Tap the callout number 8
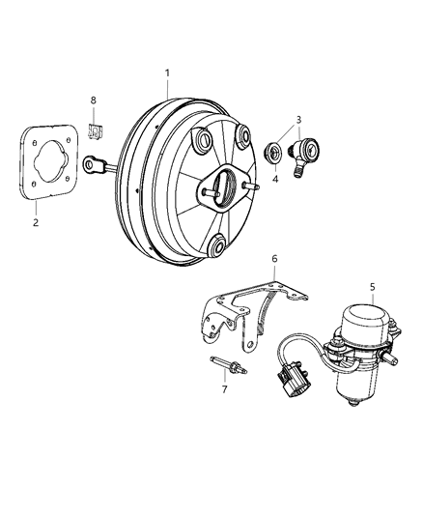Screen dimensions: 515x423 (94, 100)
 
